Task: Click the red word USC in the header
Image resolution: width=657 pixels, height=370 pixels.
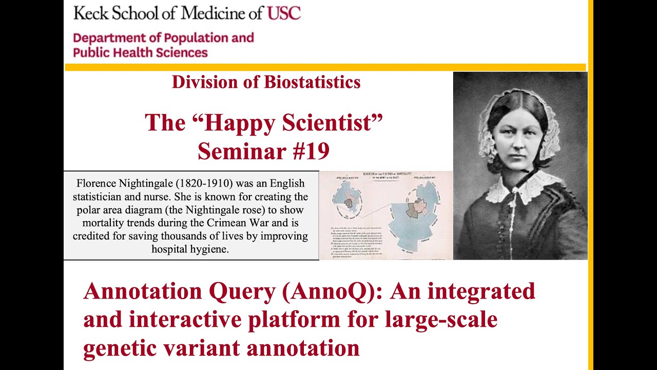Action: click(283, 12)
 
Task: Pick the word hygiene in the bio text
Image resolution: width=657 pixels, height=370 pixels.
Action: click(208, 249)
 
